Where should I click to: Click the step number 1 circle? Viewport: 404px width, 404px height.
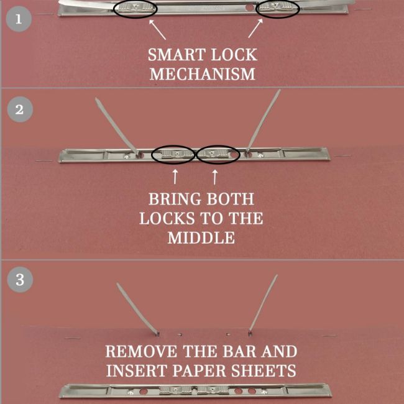(19, 19)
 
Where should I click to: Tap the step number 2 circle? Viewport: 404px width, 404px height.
(20, 109)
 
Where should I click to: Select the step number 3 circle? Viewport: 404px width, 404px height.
(20, 279)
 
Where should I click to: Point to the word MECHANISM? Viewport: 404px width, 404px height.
(202, 74)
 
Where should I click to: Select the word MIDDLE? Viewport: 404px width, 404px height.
(201, 237)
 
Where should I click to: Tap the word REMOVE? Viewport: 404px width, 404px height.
(142, 351)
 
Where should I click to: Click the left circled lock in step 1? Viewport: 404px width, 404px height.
(135, 9)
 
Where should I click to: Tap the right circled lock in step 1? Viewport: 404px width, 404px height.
(277, 9)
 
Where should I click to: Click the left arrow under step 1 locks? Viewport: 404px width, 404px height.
(157, 29)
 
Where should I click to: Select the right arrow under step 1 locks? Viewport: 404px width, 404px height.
(255, 28)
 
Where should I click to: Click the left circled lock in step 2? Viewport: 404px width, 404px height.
(173, 155)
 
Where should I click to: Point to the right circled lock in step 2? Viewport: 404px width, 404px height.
(218, 155)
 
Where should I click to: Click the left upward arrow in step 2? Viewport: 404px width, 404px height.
(175, 177)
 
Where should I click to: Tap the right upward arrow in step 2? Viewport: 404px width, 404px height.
(215, 177)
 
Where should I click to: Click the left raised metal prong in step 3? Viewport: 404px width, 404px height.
(137, 310)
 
